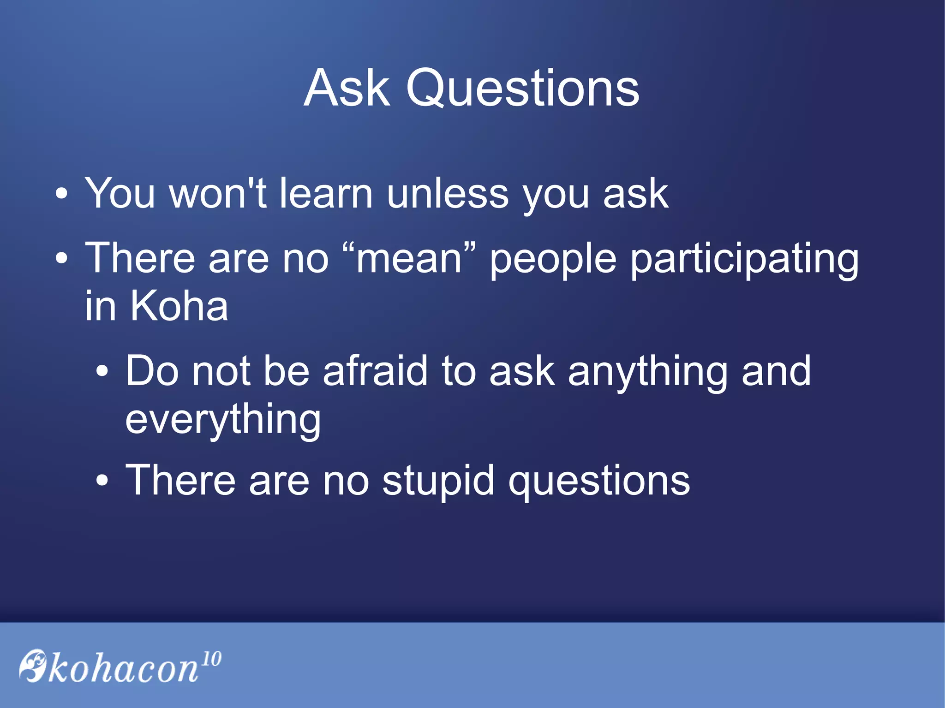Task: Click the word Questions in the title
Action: (522, 89)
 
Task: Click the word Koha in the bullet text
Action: (179, 306)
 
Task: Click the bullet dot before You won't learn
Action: (61, 194)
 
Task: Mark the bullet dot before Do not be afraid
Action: (102, 371)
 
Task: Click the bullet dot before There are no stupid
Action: (102, 481)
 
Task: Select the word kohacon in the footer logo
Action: (123, 669)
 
